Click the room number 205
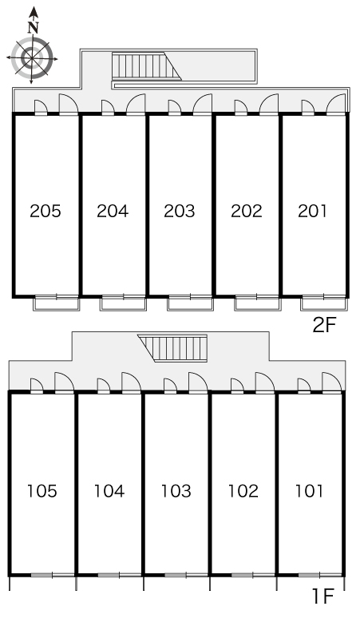tap(45, 212)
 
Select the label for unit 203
tap(180, 212)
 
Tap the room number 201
tap(312, 212)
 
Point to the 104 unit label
tap(109, 491)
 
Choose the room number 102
tap(243, 491)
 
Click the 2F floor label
tap(324, 325)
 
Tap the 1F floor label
tap(323, 596)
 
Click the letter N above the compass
tap(34, 27)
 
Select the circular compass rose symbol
tap(32, 58)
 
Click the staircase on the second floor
tap(146, 65)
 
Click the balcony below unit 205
tap(57, 303)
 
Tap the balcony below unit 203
tap(190, 303)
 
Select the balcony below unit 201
tap(324, 303)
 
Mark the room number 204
tap(113, 212)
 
